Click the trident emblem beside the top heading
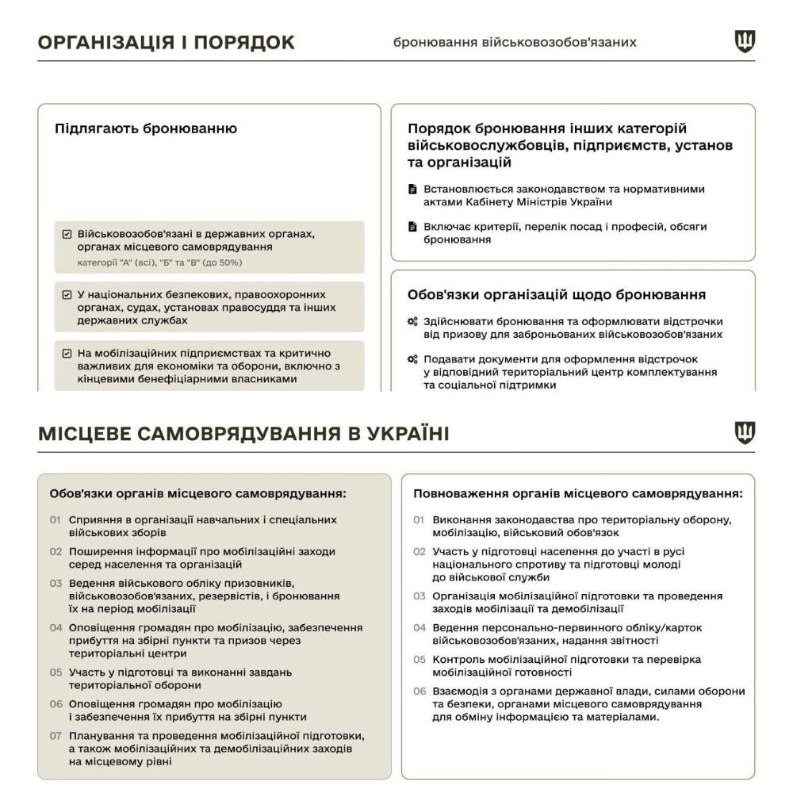745,42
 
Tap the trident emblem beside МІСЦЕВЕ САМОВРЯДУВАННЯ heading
745,433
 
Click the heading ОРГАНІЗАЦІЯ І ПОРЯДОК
167,43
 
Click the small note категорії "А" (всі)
159,262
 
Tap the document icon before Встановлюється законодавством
412,190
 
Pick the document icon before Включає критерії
412,227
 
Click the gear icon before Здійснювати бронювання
412,322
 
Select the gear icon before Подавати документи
412,359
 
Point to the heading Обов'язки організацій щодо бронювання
557,295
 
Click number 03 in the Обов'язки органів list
56,583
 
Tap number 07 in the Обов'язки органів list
56,734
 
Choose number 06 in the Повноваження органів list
420,691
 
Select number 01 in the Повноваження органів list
420,520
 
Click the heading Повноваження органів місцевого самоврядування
578,494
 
